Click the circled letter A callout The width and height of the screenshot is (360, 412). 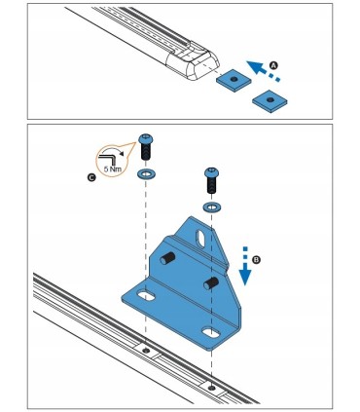(x=274, y=65)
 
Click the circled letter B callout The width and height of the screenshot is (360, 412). (x=256, y=260)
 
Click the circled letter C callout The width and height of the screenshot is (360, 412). (x=91, y=177)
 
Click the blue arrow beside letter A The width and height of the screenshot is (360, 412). (x=262, y=71)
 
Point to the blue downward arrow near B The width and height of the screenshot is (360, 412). (x=245, y=266)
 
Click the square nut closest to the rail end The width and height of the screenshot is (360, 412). (x=234, y=80)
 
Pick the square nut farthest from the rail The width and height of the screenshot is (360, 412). (x=270, y=101)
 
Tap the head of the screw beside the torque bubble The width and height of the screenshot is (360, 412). (x=146, y=139)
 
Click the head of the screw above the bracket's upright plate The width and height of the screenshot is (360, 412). (x=211, y=172)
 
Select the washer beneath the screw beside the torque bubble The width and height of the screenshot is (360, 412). (x=146, y=174)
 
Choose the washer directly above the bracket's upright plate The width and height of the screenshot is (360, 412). (x=211, y=206)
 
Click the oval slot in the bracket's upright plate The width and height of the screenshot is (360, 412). (x=201, y=239)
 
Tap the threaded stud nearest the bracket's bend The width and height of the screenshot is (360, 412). (x=167, y=258)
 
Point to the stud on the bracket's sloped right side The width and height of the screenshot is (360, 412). (x=211, y=282)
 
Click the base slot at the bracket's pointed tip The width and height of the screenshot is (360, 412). (x=146, y=295)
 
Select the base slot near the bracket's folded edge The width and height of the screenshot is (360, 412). (x=211, y=333)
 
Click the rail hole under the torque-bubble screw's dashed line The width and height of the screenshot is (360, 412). (x=146, y=351)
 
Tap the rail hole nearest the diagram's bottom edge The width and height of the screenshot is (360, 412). (x=211, y=388)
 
